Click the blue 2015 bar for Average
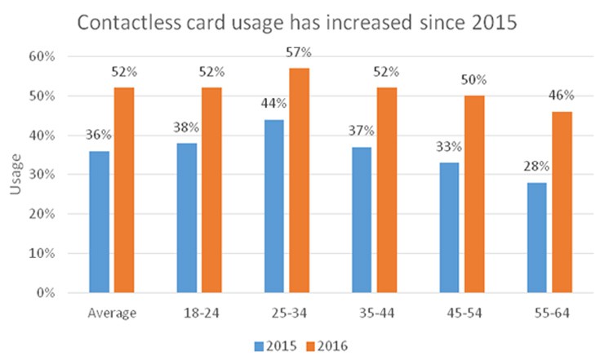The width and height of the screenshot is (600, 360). [100, 221]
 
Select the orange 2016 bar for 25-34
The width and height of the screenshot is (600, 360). [299, 180]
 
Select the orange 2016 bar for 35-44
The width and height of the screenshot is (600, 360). [386, 190]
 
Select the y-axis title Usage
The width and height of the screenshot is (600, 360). [16, 175]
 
